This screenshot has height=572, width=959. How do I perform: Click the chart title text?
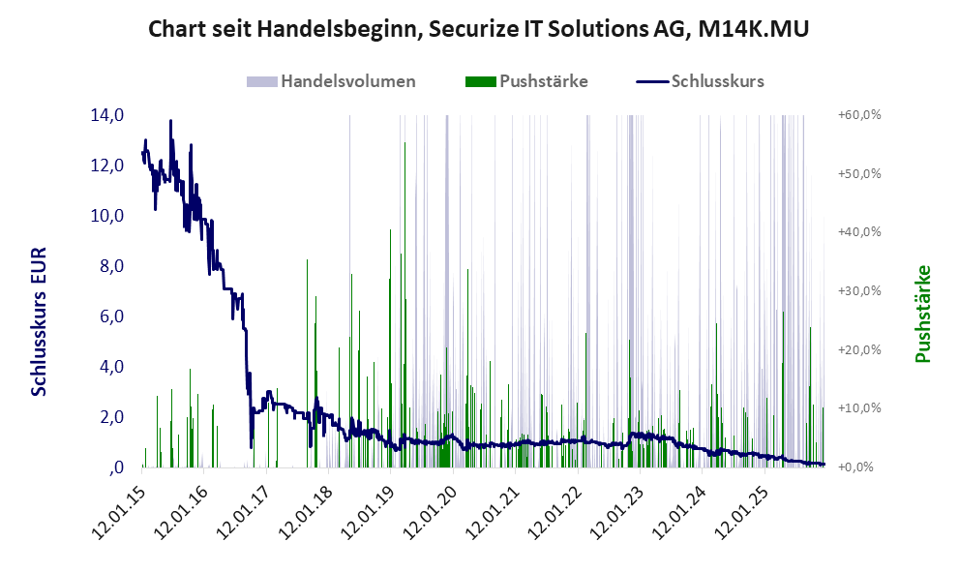(479, 30)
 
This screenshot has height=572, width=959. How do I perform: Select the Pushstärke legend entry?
(543, 81)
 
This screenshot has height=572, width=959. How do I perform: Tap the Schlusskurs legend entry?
(717, 81)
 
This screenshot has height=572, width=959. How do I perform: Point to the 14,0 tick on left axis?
(106, 115)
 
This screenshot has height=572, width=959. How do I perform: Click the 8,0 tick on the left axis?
(106, 266)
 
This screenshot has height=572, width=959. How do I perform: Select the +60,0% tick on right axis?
(858, 115)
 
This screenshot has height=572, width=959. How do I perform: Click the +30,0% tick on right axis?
(858, 291)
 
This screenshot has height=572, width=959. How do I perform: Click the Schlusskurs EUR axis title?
(40, 319)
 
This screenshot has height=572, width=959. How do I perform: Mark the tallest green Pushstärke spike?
(405, 143)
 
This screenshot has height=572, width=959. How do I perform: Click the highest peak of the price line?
(170, 121)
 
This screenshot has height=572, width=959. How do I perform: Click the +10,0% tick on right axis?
(858, 408)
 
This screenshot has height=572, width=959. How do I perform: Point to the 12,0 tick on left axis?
(106, 166)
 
